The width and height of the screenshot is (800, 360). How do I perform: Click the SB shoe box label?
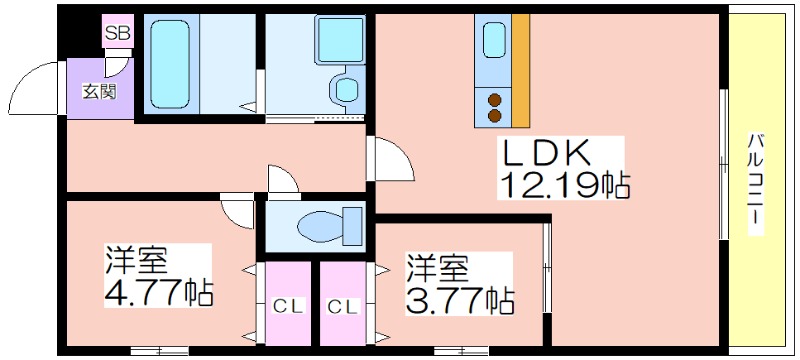(118, 33)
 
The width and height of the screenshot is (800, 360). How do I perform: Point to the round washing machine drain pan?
(346, 91)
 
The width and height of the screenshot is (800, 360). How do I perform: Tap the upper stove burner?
(494, 98)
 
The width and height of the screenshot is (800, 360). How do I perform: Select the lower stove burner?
(494, 115)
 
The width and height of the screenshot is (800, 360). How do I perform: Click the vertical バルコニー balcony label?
(756, 186)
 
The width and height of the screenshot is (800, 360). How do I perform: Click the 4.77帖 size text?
(159, 294)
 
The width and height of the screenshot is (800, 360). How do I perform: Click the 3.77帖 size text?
(459, 298)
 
